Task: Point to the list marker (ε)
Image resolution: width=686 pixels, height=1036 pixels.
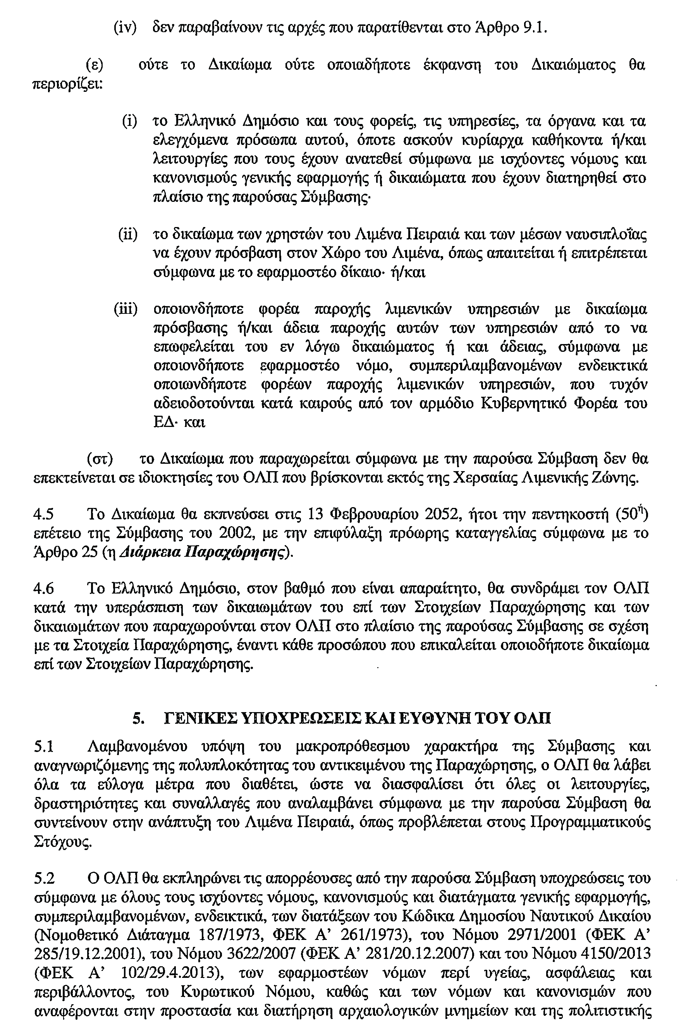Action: pos(95,65)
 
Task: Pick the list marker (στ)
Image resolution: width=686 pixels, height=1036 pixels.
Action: pos(100,459)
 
